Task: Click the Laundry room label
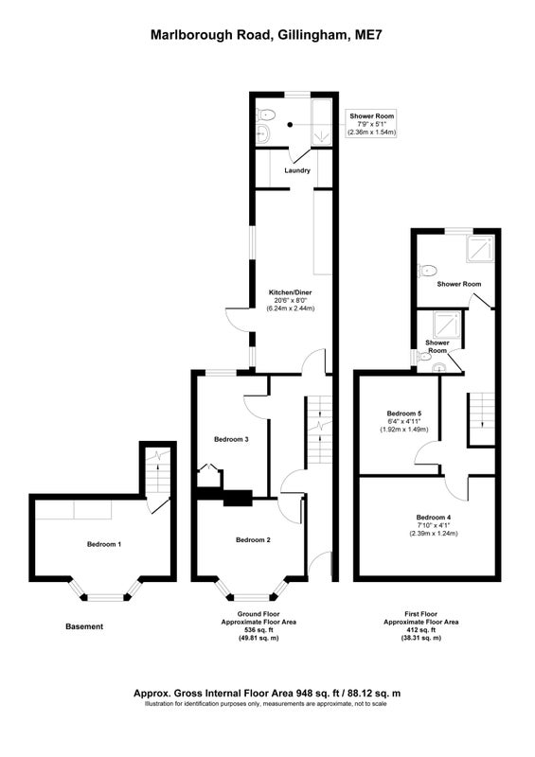coord(297,170)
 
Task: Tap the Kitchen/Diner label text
coord(291,292)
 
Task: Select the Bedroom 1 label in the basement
coord(104,544)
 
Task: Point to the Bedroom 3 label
coord(231,439)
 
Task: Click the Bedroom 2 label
coord(253,539)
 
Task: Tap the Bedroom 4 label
coord(434,517)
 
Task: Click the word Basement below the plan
coord(84,626)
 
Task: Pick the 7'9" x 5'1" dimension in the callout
coord(371,124)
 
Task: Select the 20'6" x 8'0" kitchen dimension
coord(291,300)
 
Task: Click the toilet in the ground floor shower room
coord(265,114)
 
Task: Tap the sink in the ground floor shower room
coord(263,132)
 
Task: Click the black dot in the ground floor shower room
coord(290,125)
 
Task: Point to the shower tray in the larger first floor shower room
coord(480,249)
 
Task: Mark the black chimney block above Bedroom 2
coord(238,498)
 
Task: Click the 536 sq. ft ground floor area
coord(259,630)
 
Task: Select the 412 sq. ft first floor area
coord(421,630)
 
